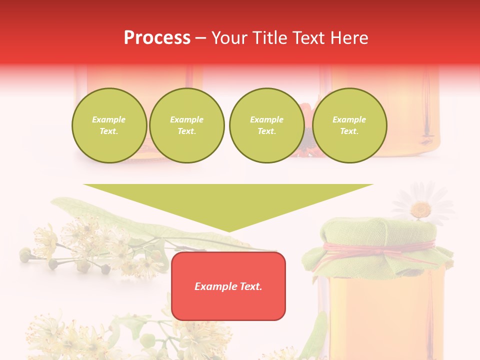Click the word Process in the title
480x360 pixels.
157,38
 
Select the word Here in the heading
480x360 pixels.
349,38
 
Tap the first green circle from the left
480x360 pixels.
109,125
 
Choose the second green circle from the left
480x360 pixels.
187,125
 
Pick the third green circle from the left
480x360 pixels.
266,125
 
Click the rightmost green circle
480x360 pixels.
349,125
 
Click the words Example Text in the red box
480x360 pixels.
228,286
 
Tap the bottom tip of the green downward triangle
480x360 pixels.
228,230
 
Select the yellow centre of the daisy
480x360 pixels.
421,208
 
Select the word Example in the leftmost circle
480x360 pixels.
109,119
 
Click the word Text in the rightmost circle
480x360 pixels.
349,131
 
